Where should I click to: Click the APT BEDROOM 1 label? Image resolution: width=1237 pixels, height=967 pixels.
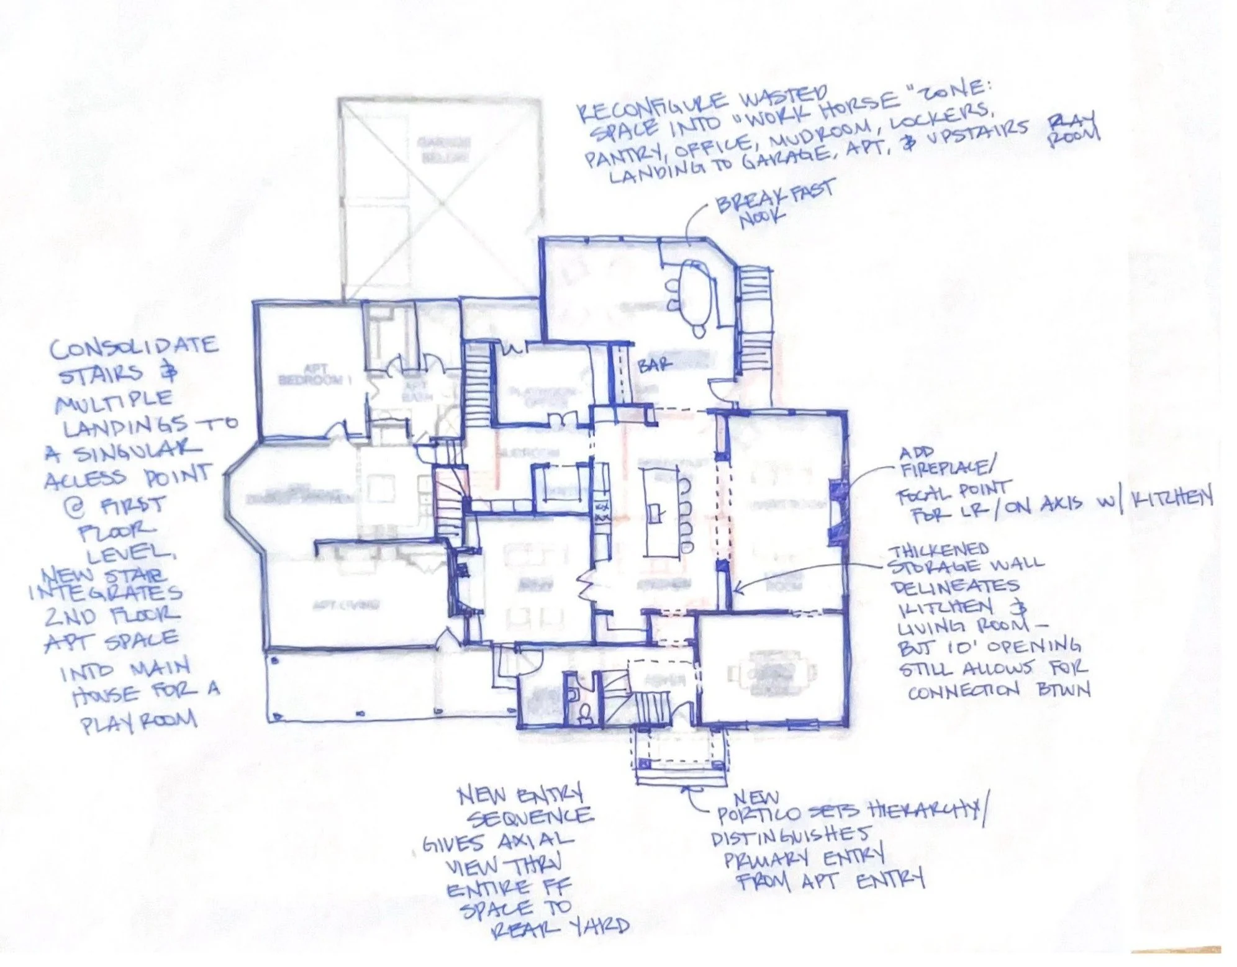pos(315,375)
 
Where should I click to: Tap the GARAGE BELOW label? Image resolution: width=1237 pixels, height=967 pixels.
pos(443,149)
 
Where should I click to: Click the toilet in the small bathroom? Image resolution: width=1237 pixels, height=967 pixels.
pos(583,717)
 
